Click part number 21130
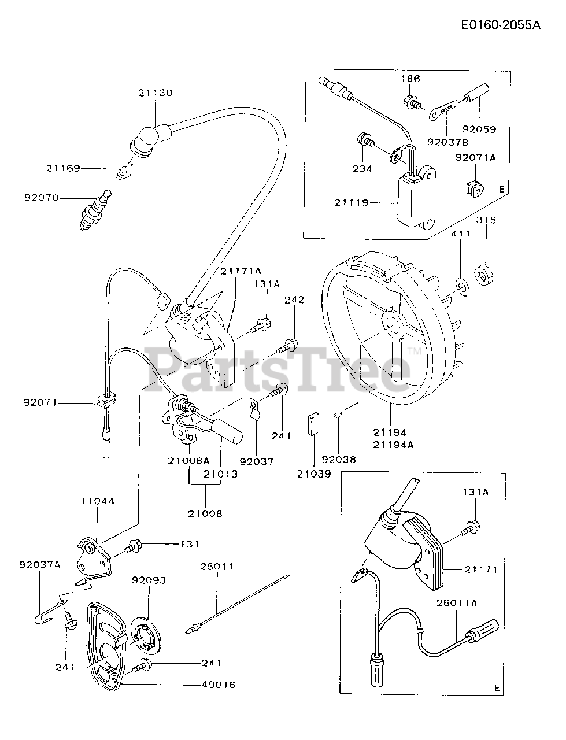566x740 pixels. coord(155,92)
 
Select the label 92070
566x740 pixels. coord(42,197)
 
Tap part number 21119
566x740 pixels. coord(351,202)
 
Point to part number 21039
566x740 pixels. coord(313,473)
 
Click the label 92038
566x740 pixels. coord(339,460)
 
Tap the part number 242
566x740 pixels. coord(294,300)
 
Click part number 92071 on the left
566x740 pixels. coord(41,402)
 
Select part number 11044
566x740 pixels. coord(97,501)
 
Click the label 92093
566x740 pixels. coord(149,580)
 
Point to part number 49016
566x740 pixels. coord(218,684)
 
